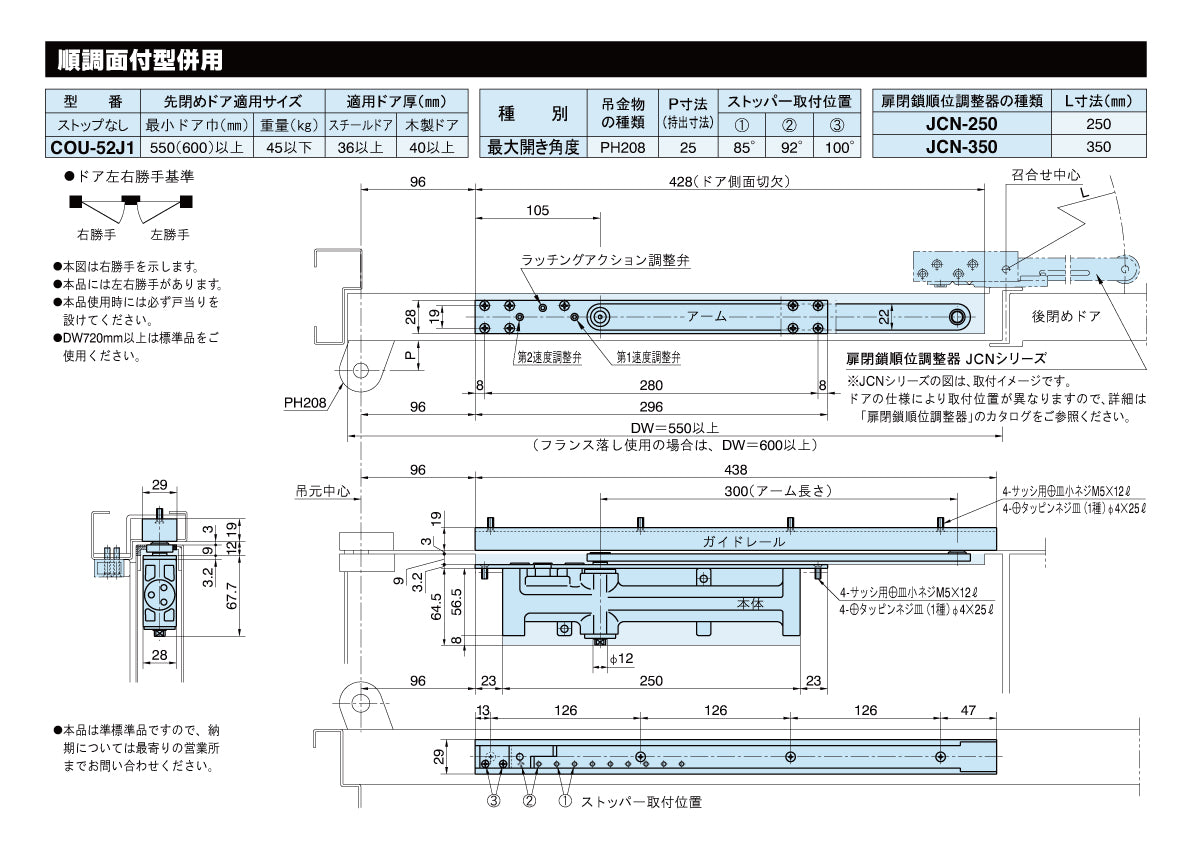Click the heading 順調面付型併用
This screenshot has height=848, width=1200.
click(x=139, y=60)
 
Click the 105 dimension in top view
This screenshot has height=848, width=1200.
click(x=537, y=210)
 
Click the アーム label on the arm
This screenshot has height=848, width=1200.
click(x=706, y=316)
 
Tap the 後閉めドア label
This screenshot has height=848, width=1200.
click(x=1067, y=315)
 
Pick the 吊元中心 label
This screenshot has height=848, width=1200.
click(x=322, y=491)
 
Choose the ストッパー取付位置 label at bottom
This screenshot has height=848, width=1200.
click(x=641, y=802)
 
